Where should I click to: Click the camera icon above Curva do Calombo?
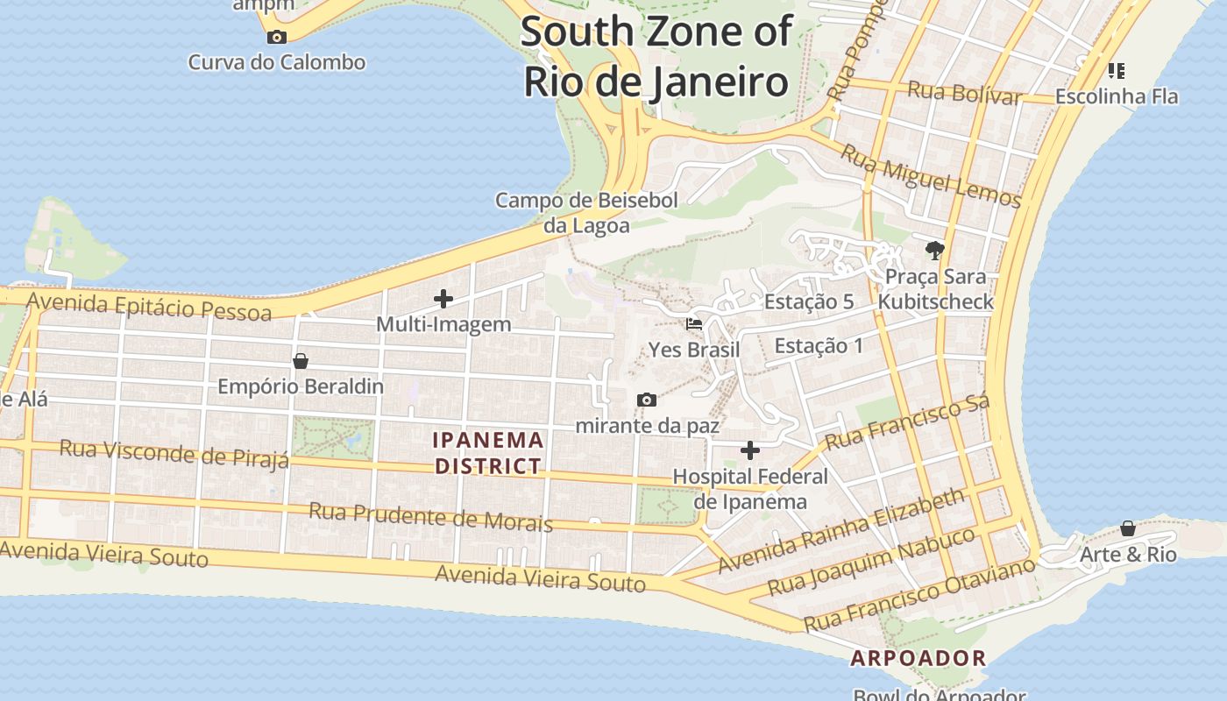[277, 37]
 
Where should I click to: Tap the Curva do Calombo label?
[277, 62]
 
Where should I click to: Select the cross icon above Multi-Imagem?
[443, 299]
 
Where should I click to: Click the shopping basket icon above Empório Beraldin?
[301, 361]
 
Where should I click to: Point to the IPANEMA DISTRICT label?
[488, 453]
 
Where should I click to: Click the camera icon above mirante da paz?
[647, 400]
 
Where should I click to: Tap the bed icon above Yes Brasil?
[694, 324]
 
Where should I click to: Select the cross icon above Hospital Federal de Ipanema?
[750, 450]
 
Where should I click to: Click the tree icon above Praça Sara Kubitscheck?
[935, 251]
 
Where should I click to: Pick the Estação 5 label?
[809, 301]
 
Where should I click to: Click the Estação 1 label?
[819, 345]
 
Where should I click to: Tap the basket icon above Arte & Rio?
[1128, 528]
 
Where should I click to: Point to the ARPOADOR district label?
[918, 658]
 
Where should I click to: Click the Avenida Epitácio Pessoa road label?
[149, 306]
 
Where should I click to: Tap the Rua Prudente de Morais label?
[430, 517]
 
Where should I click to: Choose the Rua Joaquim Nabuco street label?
[870, 560]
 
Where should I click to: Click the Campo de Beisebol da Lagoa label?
[586, 213]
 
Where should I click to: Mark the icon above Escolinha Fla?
[1116, 70]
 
